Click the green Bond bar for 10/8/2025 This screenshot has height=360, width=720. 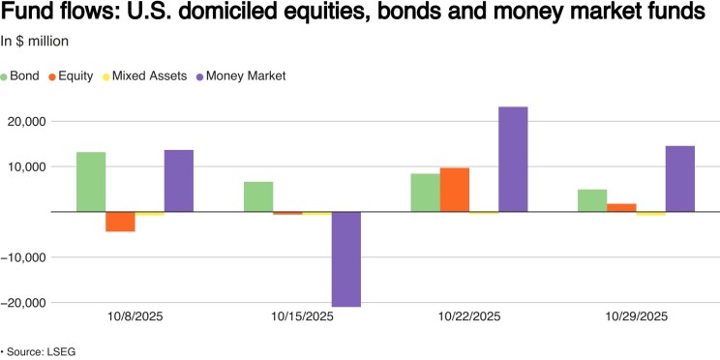[x=91, y=182]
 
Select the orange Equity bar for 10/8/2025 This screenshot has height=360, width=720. [x=120, y=222]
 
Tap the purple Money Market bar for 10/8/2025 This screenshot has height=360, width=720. [x=179, y=181]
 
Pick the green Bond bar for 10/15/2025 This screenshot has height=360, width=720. [x=258, y=196]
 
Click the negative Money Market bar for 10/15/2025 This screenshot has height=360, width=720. [x=346, y=259]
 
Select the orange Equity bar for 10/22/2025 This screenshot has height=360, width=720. [x=455, y=190]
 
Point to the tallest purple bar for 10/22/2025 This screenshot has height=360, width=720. [x=513, y=160]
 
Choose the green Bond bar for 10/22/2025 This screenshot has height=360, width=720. [x=425, y=193]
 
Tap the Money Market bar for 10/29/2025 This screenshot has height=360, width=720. [x=680, y=179]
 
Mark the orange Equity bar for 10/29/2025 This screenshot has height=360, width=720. [x=621, y=207]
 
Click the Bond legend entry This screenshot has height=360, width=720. [x=20, y=76]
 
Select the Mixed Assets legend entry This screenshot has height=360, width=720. [x=144, y=76]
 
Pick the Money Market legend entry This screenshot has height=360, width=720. [x=241, y=76]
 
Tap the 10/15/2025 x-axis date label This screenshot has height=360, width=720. [x=302, y=316]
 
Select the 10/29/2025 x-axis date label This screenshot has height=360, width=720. [x=637, y=316]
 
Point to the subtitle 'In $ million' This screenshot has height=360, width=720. [x=35, y=41]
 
